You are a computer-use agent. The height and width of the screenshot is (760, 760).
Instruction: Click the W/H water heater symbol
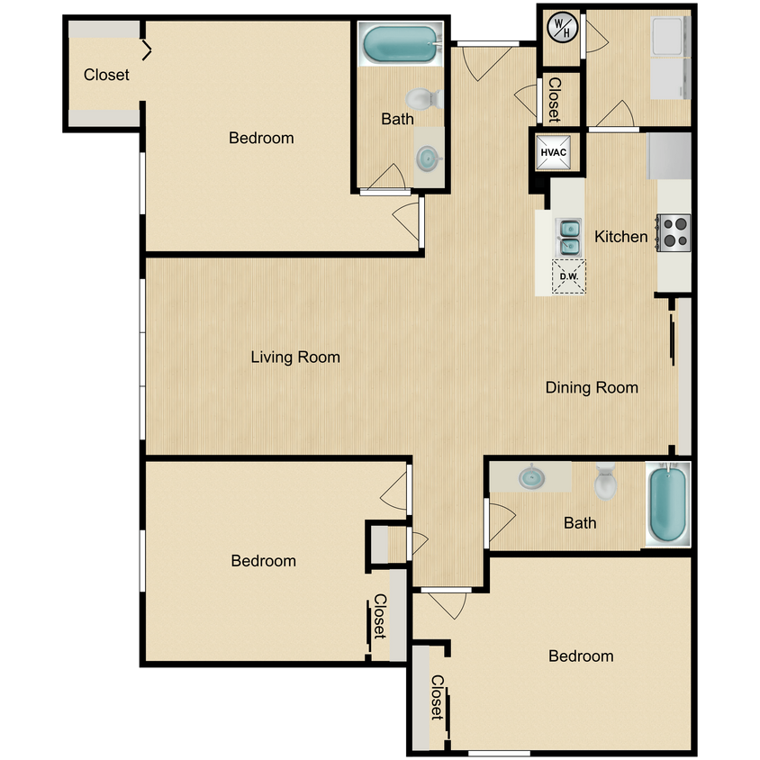click(x=562, y=27)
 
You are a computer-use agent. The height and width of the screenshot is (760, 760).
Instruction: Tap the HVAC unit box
click(x=553, y=152)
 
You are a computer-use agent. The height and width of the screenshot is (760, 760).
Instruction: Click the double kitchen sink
click(x=569, y=236)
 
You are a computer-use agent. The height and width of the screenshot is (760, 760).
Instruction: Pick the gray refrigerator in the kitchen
click(x=668, y=156)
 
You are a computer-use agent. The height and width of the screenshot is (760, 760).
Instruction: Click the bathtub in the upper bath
click(x=399, y=43)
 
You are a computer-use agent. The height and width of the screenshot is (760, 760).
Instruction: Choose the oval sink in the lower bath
click(x=531, y=476)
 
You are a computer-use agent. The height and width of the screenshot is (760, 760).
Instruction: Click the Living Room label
click(x=295, y=357)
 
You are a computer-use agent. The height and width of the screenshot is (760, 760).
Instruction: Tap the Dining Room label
click(x=592, y=388)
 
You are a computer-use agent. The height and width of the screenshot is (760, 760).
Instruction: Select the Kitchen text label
click(x=620, y=237)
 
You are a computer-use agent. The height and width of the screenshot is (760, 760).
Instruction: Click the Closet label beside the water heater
click(x=554, y=99)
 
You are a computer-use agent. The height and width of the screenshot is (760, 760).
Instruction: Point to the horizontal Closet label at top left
click(x=106, y=75)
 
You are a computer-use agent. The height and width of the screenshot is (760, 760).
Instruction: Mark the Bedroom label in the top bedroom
click(x=261, y=138)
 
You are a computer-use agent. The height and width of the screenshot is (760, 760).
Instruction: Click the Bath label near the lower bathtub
click(x=580, y=522)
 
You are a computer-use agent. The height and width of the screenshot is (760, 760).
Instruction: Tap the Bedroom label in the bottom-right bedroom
click(x=581, y=656)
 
